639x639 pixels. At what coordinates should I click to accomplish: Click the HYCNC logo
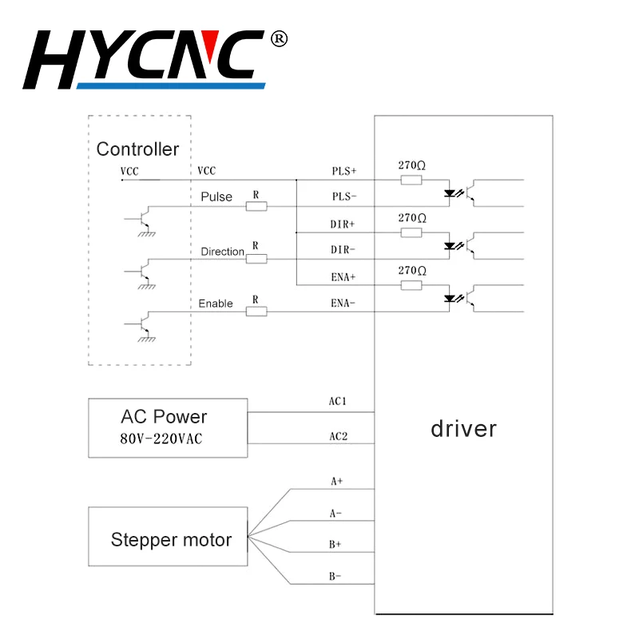(x=148, y=60)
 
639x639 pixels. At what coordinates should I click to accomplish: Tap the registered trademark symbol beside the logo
(x=279, y=38)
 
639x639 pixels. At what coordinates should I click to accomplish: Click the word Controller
(x=137, y=149)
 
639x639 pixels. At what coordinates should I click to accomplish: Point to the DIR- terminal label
(x=343, y=250)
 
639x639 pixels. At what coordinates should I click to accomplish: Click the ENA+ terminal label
(x=343, y=277)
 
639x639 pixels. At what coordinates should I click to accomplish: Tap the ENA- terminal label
(x=343, y=304)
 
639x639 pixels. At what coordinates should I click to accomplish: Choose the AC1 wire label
(x=338, y=401)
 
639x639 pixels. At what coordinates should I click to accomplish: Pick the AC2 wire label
(x=338, y=437)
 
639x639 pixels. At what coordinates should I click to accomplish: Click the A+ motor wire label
(x=337, y=482)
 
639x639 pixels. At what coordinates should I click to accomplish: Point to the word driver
(x=463, y=429)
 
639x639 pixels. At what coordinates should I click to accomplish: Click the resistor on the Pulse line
(x=256, y=207)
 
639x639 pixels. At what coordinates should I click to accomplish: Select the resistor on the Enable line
(x=256, y=311)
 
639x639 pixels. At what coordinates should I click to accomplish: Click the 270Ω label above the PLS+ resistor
(x=411, y=165)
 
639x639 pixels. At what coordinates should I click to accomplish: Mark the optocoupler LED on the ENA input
(x=449, y=299)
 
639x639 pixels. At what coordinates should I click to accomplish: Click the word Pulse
(x=216, y=196)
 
